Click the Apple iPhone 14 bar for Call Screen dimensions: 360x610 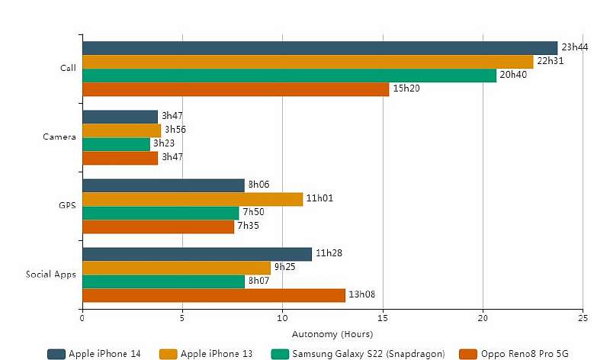tap(319, 48)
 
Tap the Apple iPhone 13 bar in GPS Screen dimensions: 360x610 tap(192, 199)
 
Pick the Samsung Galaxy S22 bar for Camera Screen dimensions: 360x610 tap(116, 144)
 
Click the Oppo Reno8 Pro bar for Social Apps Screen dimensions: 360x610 tap(213, 295)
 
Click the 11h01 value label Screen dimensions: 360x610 tap(319, 199)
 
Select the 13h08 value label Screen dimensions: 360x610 tap(361, 295)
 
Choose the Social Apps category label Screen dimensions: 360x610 tap(51, 275)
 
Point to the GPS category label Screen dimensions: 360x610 tap(68, 206)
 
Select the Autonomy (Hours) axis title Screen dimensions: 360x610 tap(332, 334)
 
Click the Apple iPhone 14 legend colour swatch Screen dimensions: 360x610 tap(56, 354)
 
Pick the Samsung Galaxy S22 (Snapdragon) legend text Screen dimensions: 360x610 tap(368, 354)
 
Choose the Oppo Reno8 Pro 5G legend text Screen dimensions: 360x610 tap(524, 354)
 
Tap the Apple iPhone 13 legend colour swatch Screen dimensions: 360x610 tap(169, 354)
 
